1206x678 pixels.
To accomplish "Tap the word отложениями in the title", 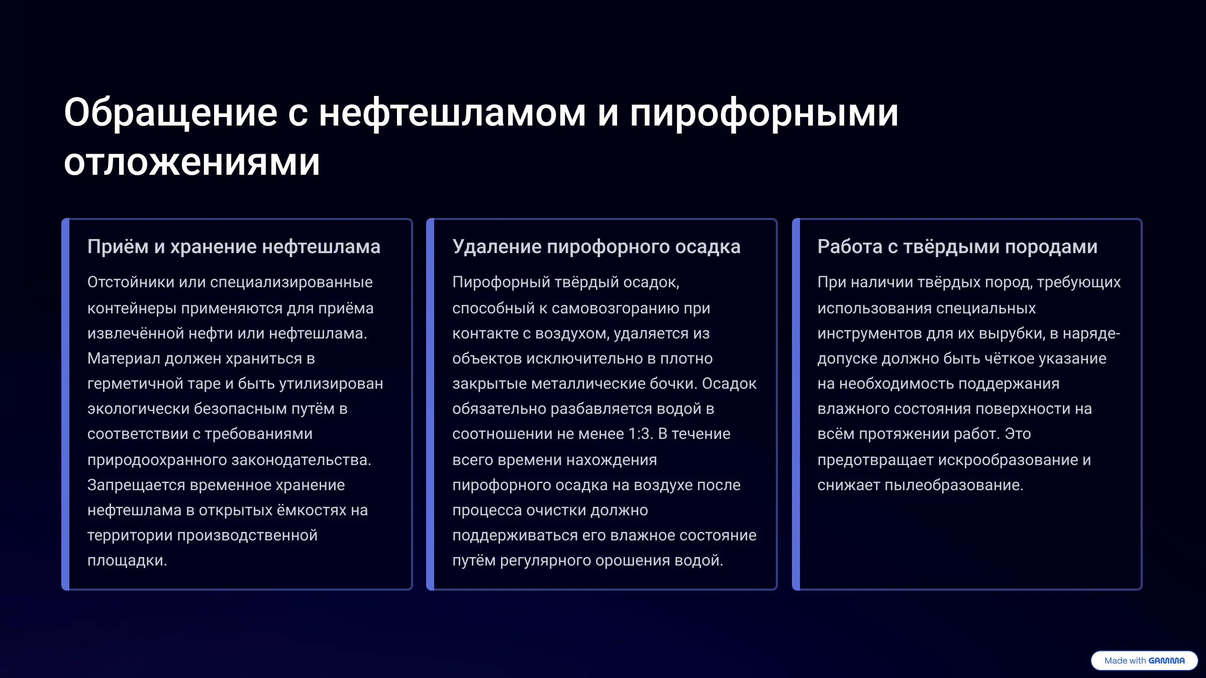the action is tap(192, 162).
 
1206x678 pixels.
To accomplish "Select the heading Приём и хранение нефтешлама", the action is tap(234, 247).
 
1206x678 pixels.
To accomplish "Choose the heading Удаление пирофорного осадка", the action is tap(596, 247).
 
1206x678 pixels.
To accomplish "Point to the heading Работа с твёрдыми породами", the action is tap(957, 247).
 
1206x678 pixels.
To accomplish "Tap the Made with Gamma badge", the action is tap(1144, 660).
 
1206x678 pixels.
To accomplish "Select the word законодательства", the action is tap(301, 460).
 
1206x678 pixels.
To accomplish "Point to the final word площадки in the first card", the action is tap(127, 560).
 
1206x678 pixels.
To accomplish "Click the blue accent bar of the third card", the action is tap(796, 404).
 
